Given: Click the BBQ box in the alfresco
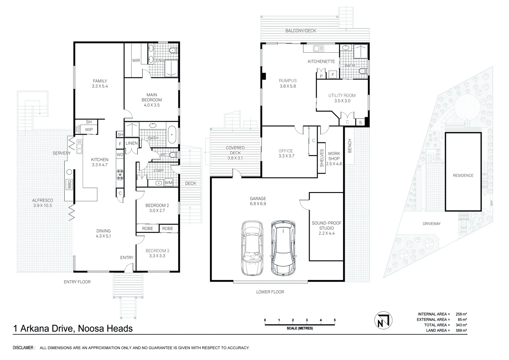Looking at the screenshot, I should [x=70, y=185].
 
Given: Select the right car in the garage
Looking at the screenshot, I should [x=283, y=248].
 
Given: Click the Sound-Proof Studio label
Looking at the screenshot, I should [x=326, y=228].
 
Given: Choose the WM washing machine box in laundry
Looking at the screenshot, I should [x=168, y=183].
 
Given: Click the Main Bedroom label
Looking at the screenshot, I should [x=152, y=100].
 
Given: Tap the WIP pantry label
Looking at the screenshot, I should [x=89, y=130].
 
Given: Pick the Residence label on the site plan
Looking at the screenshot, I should [x=463, y=175].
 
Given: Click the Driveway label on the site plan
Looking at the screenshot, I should [x=431, y=224].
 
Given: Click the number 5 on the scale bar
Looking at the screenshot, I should [x=335, y=320].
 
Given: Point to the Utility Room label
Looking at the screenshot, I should [x=342, y=98].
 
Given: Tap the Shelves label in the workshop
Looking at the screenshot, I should [x=322, y=158].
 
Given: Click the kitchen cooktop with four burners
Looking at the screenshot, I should [x=120, y=175].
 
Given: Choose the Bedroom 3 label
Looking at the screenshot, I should [x=157, y=253].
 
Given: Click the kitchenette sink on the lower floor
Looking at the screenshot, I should [x=316, y=49].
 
